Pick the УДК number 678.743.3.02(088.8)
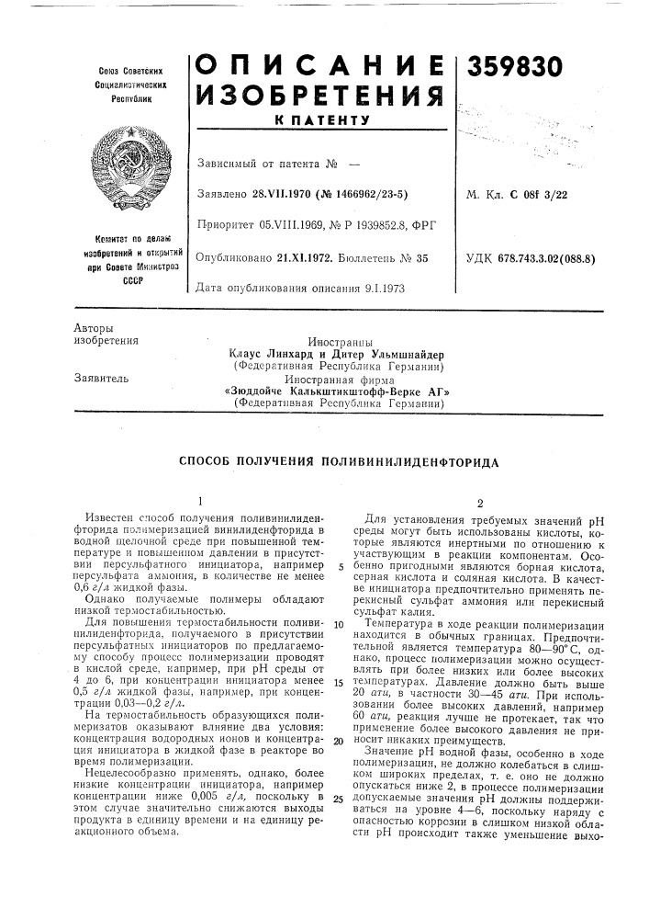563,259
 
